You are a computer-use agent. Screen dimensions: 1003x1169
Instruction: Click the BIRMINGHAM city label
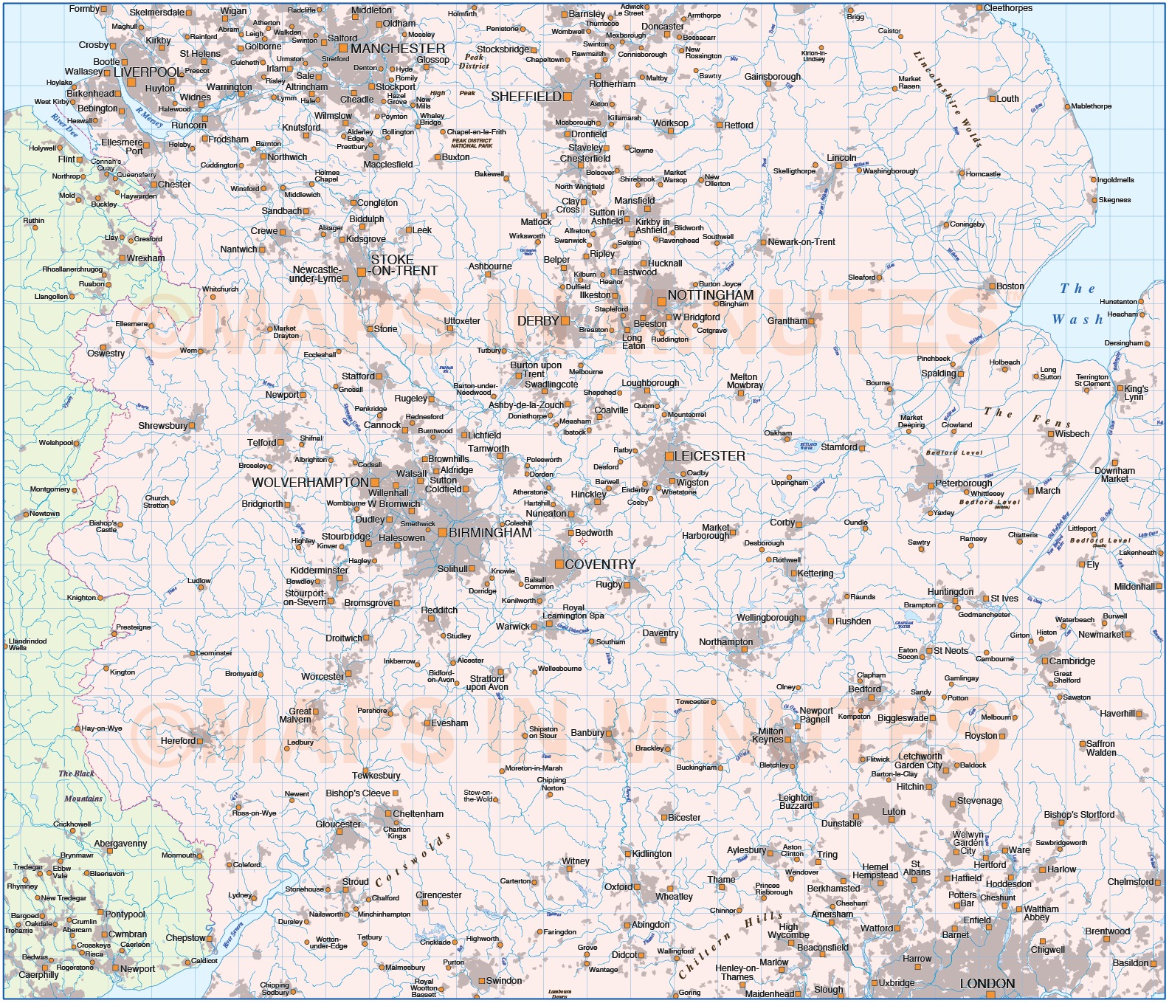(490, 532)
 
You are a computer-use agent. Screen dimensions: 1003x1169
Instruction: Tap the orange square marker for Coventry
(559, 565)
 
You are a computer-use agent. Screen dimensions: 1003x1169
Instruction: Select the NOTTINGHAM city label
(710, 295)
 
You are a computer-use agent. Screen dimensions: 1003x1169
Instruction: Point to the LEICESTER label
(710, 456)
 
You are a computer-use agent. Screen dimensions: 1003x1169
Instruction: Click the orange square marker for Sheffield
(568, 97)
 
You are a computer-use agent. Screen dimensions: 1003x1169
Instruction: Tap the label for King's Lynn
(1135, 393)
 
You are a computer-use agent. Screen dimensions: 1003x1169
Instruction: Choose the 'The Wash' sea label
(1077, 304)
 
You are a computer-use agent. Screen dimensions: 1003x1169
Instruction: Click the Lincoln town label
(841, 158)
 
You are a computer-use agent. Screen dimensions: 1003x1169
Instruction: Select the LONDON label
(987, 984)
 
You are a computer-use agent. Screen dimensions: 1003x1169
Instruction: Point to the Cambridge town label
(1072, 661)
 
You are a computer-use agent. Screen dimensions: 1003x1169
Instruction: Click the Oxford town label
(618, 887)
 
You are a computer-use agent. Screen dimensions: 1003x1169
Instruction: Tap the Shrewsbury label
(163, 426)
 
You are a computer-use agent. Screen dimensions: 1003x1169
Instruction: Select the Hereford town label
(178, 741)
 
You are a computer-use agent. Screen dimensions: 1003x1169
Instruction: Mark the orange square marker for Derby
(565, 321)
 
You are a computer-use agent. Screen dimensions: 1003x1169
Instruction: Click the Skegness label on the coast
(1114, 200)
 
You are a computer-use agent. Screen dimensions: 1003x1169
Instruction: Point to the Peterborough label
(963, 483)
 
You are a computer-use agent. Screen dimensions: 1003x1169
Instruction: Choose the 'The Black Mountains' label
(80, 786)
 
